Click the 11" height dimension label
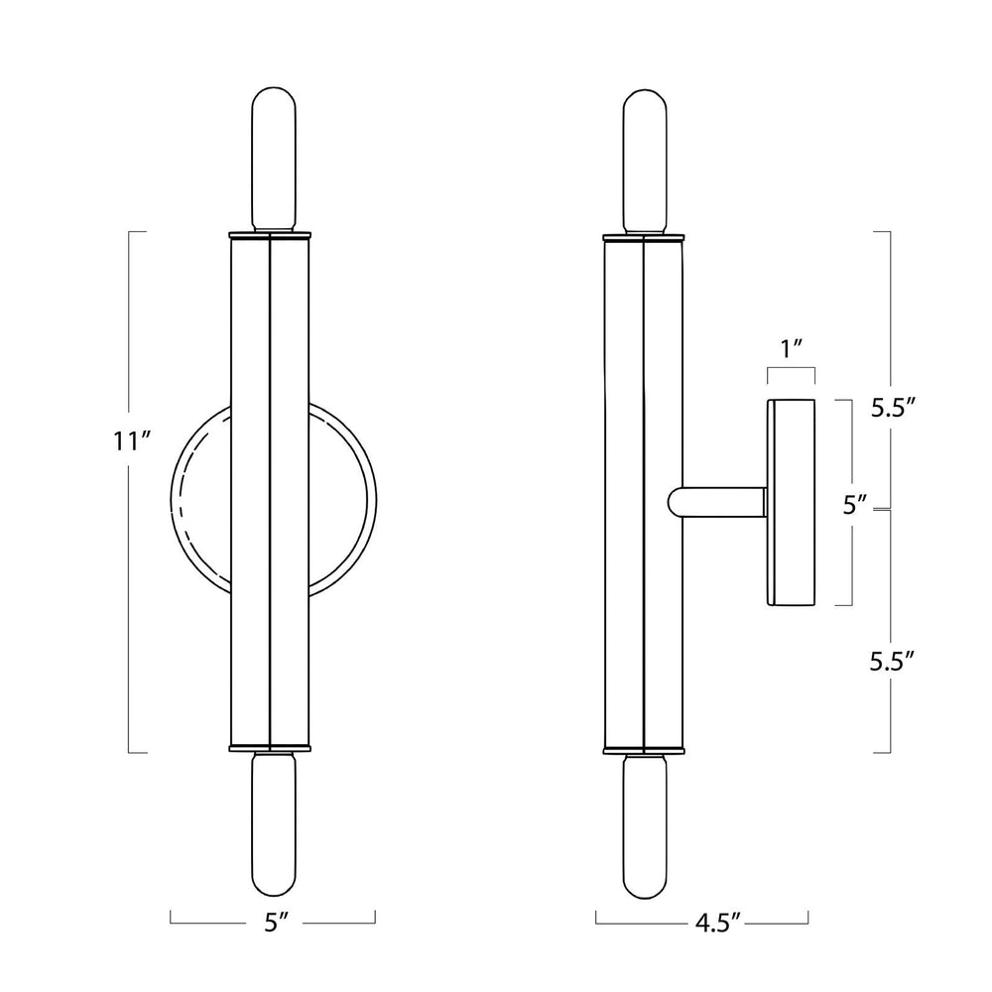[132, 441]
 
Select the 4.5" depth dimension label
[717, 923]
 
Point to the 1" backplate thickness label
[792, 347]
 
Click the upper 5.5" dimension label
[894, 408]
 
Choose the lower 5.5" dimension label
[893, 662]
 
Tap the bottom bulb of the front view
[274, 823]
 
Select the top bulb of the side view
[644, 163]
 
